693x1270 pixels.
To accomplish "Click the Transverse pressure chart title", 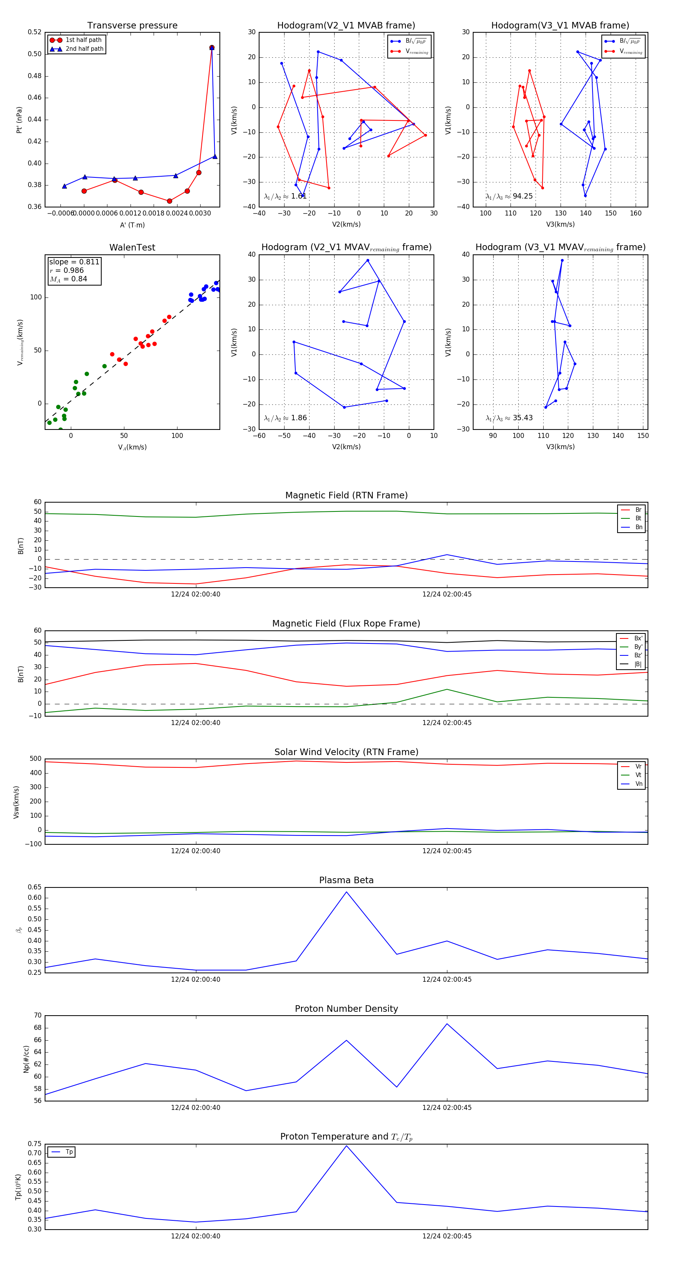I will click(x=132, y=26).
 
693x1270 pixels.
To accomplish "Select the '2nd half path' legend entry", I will click(x=84, y=49).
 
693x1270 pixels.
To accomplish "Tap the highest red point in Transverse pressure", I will click(x=212, y=48).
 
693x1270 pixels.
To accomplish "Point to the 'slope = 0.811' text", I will click(x=74, y=262).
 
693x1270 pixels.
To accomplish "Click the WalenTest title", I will click(x=132, y=247).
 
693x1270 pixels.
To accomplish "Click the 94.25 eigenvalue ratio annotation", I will click(x=522, y=196).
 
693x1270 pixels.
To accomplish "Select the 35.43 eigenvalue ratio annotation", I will click(x=522, y=418).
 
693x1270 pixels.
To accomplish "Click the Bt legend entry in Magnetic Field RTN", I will click(x=638, y=518).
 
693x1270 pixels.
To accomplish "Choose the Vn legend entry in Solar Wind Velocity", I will click(x=638, y=784).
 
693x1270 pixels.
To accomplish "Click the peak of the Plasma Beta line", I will click(x=346, y=892).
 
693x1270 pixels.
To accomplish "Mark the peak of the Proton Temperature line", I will click(x=346, y=1145).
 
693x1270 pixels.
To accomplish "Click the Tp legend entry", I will click(x=69, y=1152).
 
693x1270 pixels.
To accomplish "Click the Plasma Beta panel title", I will click(x=346, y=881).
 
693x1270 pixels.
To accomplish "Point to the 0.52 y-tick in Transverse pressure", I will click(x=35, y=32).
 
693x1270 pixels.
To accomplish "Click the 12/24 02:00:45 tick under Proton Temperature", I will click(x=447, y=1236).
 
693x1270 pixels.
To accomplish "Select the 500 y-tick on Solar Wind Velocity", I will click(x=35, y=759).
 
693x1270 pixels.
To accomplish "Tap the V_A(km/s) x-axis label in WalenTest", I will click(x=132, y=447).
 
